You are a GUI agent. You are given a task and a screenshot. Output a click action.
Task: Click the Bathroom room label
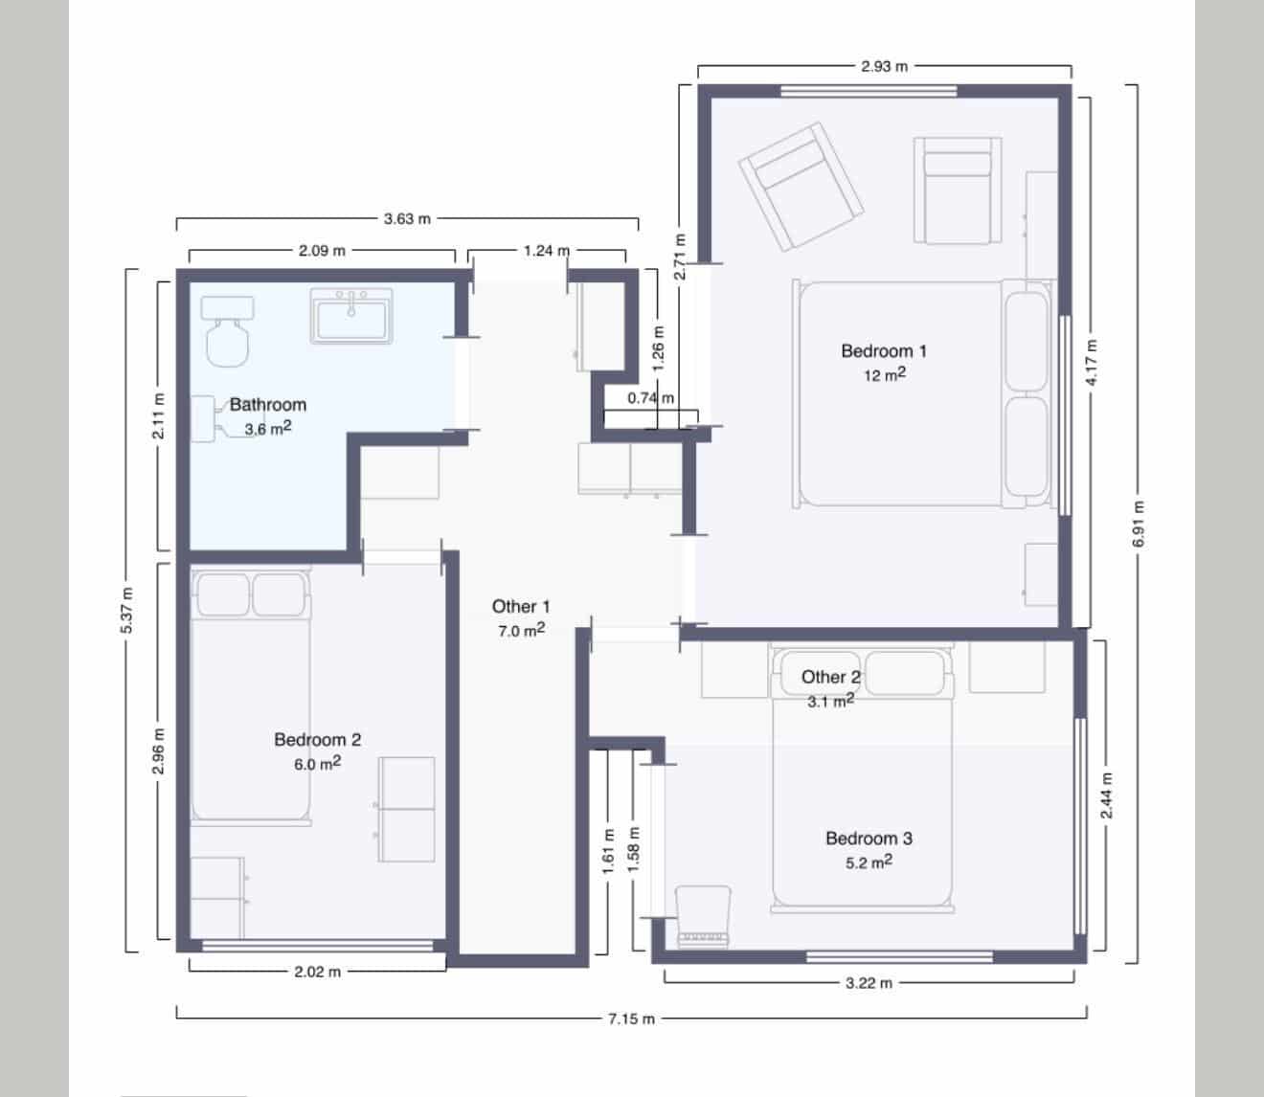pos(267,405)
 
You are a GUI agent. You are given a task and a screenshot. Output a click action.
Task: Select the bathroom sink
pos(351,315)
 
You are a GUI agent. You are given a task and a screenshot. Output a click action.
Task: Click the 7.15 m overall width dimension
pos(631,1019)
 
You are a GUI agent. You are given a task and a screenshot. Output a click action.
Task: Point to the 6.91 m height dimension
pos(1138,524)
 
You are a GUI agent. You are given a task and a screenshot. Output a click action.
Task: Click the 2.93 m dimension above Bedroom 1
pos(883,67)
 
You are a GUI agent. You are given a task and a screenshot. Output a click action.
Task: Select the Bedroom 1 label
pos(883,351)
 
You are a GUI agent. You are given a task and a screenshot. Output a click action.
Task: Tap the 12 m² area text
pos(883,375)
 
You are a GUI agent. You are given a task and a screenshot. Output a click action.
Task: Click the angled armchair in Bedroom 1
pos(800,187)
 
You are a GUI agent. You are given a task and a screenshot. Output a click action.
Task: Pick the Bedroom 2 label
pos(317,740)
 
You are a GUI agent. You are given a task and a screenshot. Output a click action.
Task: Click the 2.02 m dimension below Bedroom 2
pos(317,973)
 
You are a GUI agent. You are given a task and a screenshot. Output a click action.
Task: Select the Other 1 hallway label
pos(521,607)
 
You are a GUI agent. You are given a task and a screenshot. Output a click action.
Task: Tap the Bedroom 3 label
pos(869,839)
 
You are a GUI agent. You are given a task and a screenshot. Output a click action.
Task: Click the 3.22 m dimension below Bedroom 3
pos(869,983)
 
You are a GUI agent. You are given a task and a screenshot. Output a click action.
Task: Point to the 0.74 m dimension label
pos(650,398)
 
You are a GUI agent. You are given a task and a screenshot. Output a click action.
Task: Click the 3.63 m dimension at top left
pos(407,219)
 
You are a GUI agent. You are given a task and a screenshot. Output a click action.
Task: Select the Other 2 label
pos(830,678)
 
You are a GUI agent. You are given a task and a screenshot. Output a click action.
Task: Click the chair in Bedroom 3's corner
pos(704,914)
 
